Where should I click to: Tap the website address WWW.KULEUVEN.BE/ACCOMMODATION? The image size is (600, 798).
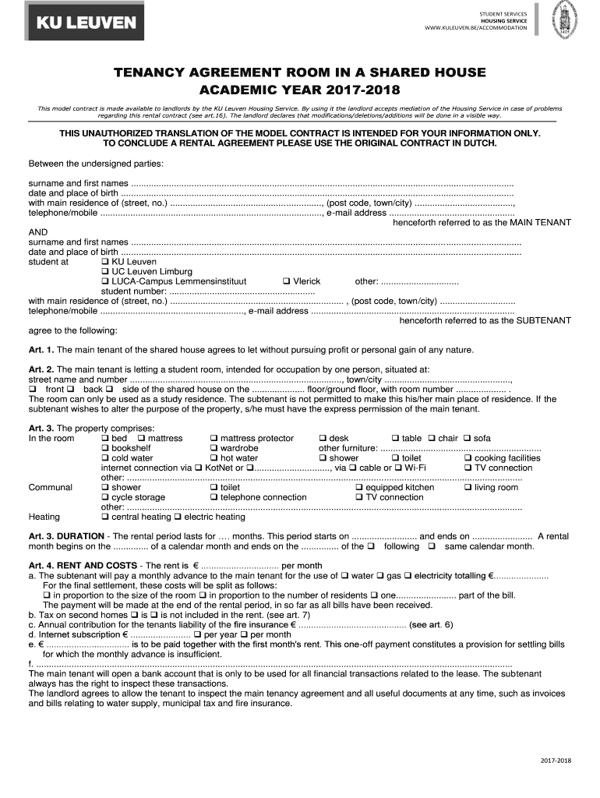click(475, 28)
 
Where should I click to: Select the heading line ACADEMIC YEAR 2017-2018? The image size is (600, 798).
click(300, 90)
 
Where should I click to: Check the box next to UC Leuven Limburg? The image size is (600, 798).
click(105, 272)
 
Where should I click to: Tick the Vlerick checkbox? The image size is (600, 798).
click(286, 281)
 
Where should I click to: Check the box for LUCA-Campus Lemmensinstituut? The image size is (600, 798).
click(105, 281)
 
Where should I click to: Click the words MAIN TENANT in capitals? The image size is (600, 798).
click(540, 222)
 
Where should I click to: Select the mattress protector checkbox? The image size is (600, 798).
click(214, 439)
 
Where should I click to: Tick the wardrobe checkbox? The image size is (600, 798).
click(214, 449)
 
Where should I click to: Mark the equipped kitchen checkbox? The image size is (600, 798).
click(359, 488)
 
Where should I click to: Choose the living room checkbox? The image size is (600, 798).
click(468, 488)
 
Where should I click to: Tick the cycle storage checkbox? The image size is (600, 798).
click(105, 497)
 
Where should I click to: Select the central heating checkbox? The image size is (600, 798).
click(105, 517)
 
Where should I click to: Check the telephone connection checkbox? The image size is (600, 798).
click(214, 497)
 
